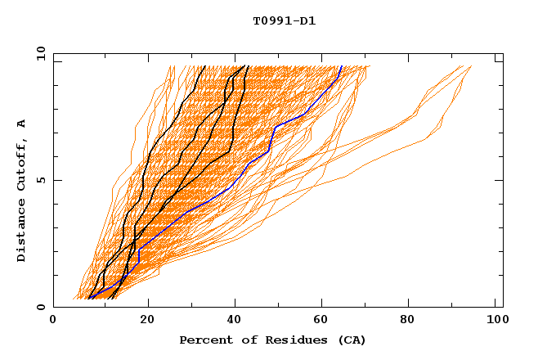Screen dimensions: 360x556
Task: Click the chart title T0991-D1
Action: [284, 21]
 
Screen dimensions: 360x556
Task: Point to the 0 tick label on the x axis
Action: [53, 322]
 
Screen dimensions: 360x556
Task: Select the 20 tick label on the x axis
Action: [146, 322]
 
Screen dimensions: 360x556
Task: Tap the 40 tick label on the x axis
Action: [235, 322]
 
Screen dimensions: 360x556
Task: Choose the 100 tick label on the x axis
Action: [496, 322]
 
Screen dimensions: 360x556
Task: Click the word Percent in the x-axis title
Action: [203, 340]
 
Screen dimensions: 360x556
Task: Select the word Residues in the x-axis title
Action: [290, 340]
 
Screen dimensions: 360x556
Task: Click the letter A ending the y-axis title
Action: [22, 123]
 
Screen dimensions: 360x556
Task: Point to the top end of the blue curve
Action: [341, 66]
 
